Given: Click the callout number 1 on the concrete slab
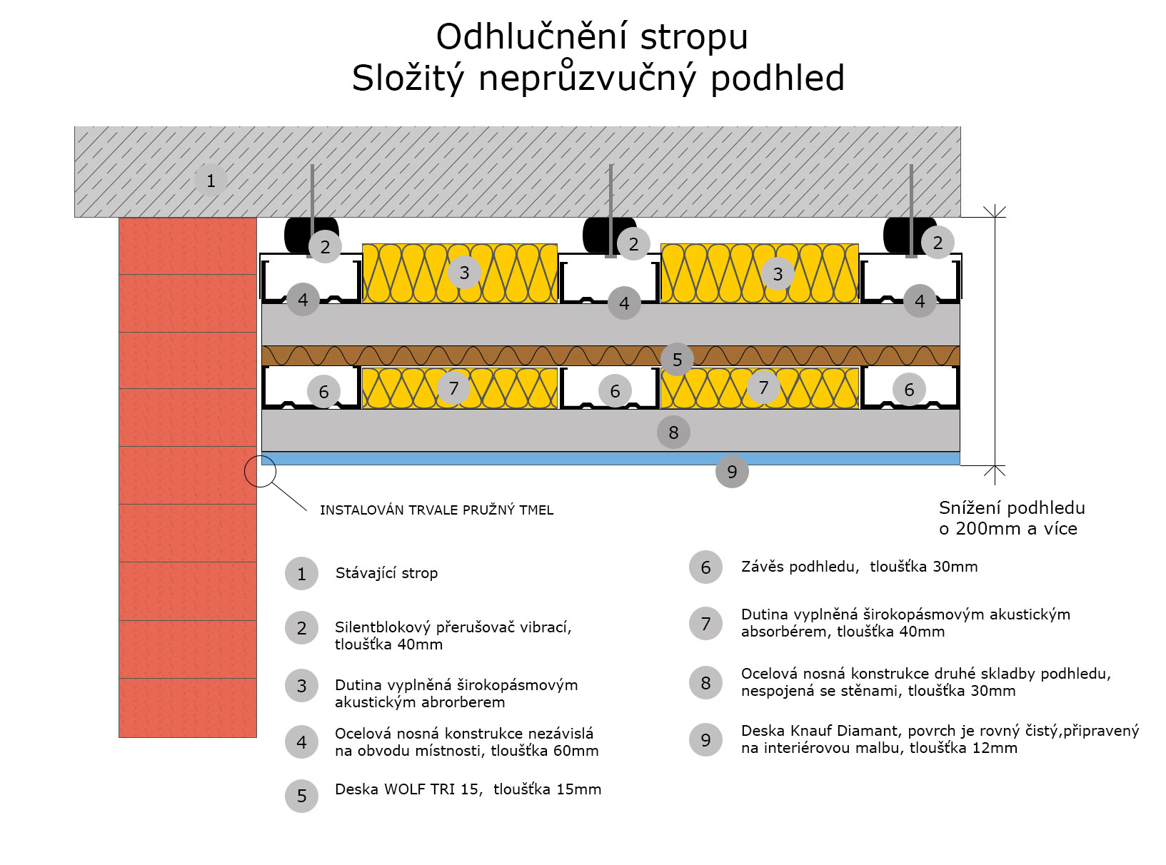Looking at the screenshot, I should tap(210, 181).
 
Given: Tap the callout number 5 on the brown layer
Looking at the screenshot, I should tap(677, 360).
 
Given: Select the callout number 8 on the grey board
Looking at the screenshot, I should tap(673, 432).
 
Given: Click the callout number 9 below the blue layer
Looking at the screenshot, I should tap(732, 471).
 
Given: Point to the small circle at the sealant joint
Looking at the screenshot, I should tap(260, 471).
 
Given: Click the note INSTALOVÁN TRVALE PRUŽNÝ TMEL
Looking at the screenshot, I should tap(436, 510).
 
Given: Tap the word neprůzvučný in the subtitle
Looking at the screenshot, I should tap(587, 78).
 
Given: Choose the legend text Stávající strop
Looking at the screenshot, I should tap(386, 573).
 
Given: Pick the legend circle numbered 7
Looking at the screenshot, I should tap(705, 623).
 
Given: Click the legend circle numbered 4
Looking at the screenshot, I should tap(301, 742).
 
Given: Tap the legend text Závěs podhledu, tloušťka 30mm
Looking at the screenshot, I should tap(859, 567).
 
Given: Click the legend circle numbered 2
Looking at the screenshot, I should tap(301, 628).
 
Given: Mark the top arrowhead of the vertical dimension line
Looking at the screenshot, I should tap(995, 212).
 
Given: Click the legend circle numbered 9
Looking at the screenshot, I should tap(705, 739).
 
